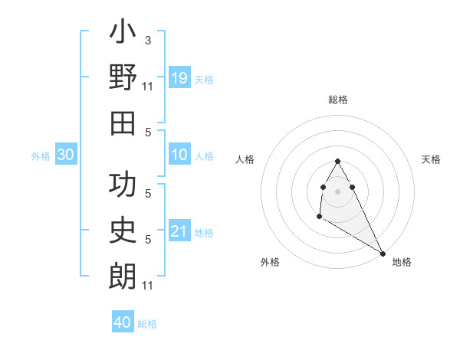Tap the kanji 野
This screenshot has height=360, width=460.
(x=123, y=78)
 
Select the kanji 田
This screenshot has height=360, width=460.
(x=123, y=123)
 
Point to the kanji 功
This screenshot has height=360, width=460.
(x=123, y=186)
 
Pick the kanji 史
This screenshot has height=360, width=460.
(x=123, y=231)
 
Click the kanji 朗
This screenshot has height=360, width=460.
(x=123, y=276)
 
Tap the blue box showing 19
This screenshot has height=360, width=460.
(x=179, y=78)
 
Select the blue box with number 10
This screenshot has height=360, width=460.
(x=179, y=155)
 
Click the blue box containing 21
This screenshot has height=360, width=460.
(x=179, y=231)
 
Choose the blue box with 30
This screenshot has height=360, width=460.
(x=65, y=155)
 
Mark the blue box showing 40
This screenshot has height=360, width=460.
(x=123, y=322)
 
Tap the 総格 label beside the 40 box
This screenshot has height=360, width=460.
(x=148, y=324)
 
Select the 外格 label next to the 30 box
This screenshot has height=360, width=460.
(x=41, y=156)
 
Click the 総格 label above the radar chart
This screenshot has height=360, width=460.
(x=338, y=100)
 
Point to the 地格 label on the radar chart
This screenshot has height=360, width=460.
(x=402, y=262)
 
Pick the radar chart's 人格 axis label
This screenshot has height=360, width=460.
(x=245, y=159)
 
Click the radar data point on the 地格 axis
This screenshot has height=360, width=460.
(x=383, y=253)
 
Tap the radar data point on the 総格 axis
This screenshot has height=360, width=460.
(x=338, y=162)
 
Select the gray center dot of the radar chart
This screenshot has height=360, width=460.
(x=338, y=191)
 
